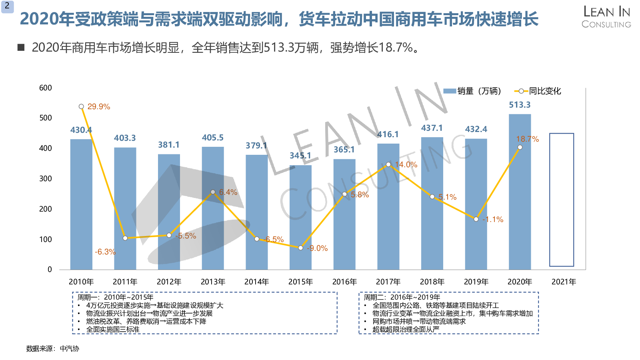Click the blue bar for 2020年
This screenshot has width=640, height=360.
[520, 192]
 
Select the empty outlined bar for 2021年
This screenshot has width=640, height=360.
[562, 200]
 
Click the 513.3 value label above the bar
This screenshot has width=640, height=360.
[520, 105]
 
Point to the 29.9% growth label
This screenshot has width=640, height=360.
[99, 107]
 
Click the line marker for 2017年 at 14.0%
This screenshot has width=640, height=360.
[388, 164]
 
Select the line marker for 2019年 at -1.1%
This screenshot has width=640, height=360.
[476, 219]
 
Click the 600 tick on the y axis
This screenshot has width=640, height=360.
[46, 88]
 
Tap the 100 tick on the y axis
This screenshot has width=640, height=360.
[46, 239]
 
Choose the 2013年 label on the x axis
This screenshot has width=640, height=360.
[213, 282]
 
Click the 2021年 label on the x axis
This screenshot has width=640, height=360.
[564, 282]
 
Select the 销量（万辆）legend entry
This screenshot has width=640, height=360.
[472, 91]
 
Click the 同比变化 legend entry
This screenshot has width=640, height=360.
[538, 91]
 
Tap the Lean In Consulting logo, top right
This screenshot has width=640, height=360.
[606, 17]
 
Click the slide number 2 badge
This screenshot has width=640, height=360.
[7, 6]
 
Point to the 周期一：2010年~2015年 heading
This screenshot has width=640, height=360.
[115, 297]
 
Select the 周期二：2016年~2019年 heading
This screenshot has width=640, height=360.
[402, 297]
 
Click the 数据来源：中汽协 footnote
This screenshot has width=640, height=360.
[52, 349]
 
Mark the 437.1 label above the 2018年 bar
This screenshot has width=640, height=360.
[432, 128]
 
